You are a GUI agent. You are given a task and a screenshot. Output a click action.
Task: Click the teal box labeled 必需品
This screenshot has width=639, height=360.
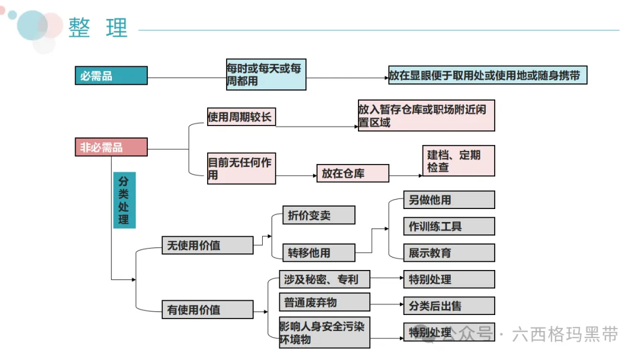(111, 75)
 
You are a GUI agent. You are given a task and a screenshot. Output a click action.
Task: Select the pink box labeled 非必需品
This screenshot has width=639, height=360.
(111, 147)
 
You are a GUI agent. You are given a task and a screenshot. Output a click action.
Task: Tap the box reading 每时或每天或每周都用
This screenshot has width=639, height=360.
(266, 75)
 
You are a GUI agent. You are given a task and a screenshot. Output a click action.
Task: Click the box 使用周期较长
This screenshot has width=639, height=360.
(241, 117)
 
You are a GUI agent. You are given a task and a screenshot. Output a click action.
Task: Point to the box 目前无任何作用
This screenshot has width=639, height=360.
(241, 168)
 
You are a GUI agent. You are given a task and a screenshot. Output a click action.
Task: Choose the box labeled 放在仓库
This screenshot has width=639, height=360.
(353, 173)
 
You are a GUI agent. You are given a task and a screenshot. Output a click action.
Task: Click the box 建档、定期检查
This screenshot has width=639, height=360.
(459, 160)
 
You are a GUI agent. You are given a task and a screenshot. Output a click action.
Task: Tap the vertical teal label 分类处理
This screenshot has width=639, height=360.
(124, 200)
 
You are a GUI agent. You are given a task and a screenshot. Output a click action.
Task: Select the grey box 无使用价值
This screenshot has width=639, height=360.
(208, 246)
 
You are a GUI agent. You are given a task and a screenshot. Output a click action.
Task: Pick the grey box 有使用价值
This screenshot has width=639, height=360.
(208, 310)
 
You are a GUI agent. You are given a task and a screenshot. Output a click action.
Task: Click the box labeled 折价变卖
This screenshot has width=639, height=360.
(319, 215)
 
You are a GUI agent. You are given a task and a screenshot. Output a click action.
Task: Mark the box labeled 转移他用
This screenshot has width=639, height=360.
(319, 253)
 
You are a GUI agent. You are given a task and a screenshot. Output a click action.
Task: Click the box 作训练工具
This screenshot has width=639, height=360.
(449, 226)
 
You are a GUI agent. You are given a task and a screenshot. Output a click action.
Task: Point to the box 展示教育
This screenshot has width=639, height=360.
(449, 253)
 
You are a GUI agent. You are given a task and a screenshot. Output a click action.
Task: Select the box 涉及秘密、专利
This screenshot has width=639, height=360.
(324, 279)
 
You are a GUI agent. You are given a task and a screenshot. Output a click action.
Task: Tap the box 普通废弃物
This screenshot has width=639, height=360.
(324, 302)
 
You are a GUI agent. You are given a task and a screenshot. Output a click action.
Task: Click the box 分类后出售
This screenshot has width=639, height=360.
(449, 306)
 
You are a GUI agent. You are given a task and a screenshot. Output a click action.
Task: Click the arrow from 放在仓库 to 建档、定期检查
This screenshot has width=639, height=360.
(406, 176)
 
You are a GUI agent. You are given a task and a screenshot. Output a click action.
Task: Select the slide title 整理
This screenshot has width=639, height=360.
(98, 28)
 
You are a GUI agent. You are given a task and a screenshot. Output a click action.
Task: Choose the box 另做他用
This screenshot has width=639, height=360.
(449, 200)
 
